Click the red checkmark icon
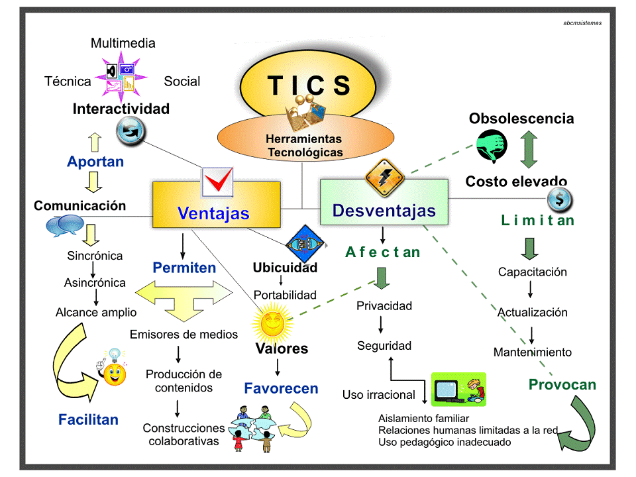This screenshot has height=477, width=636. pyautogui.click(x=217, y=181)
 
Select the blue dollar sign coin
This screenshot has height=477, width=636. pyautogui.click(x=560, y=198)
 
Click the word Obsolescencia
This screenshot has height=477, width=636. pyautogui.click(x=521, y=119)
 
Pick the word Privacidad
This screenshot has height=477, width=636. pyautogui.click(x=384, y=305)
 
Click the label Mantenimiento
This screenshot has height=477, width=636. pyautogui.click(x=532, y=352)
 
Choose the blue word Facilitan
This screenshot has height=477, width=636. pyautogui.click(x=88, y=419)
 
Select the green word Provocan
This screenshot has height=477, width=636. pyautogui.click(x=562, y=385)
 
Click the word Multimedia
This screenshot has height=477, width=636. pyautogui.click(x=123, y=43)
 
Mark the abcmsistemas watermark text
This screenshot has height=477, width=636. pyautogui.click(x=582, y=23)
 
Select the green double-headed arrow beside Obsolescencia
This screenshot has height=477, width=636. pyautogui.click(x=528, y=148)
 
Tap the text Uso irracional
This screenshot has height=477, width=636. pyautogui.click(x=379, y=395)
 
